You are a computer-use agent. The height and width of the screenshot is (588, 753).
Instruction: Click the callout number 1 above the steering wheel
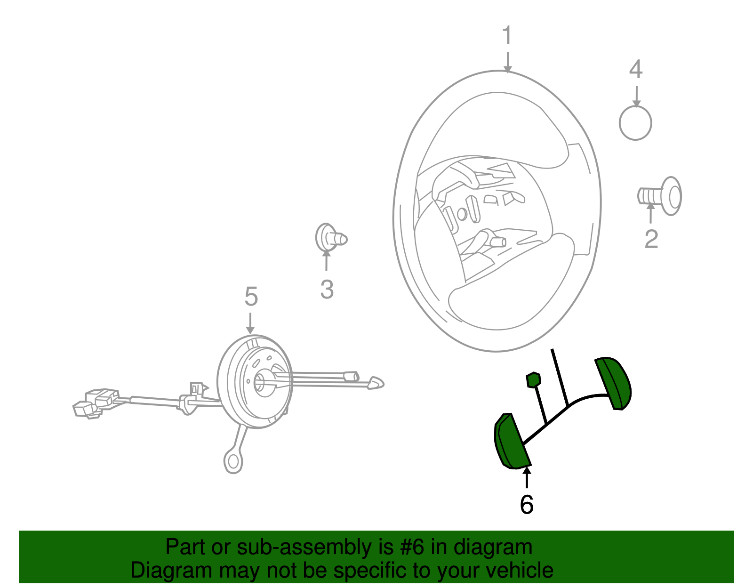coord(507,35)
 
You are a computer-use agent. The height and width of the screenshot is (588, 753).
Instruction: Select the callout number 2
coord(651,240)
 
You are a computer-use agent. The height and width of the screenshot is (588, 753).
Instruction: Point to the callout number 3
coord(327,290)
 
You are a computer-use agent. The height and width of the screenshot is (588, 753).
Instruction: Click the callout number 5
coord(251,297)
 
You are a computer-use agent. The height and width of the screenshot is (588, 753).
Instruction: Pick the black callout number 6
coord(527,505)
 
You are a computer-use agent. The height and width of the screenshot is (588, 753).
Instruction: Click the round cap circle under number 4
coord(635,123)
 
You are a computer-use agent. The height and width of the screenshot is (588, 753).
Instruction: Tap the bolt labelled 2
coord(660,196)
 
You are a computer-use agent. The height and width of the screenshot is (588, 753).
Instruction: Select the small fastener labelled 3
coord(331,238)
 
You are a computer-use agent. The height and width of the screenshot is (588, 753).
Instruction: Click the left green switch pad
coord(512,442)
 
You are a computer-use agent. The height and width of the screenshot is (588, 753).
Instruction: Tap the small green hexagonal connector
coord(533,380)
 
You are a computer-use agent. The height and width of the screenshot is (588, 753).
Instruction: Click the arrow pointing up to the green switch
coord(527,477)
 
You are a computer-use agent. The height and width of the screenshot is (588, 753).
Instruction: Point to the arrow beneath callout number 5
coord(250,323)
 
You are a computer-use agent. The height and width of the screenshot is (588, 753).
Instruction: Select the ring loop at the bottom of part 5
coord(233,461)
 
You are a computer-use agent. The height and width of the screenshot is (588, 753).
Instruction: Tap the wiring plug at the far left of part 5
coord(95,403)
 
